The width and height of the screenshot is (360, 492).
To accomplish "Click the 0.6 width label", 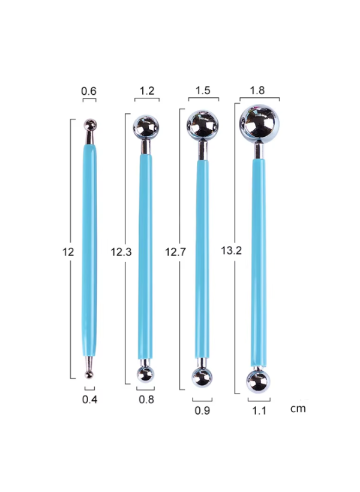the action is pos(89,91).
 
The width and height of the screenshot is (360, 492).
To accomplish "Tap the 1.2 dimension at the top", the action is pos(147,91).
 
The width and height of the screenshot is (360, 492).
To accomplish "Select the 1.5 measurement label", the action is pos(203,91).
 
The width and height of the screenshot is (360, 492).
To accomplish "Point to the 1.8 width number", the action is pos(257,91).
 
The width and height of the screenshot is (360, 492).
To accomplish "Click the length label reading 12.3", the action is pos(121,251).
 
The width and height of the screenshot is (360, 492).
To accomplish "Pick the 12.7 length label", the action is pos(176,251).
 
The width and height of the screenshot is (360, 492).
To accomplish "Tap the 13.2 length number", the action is pos(232,250).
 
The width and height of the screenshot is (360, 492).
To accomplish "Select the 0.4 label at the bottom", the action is pos(90,400).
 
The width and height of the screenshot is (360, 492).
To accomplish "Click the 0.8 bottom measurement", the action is pos(146,400).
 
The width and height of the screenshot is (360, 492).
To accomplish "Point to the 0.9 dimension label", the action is pos(202,410).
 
